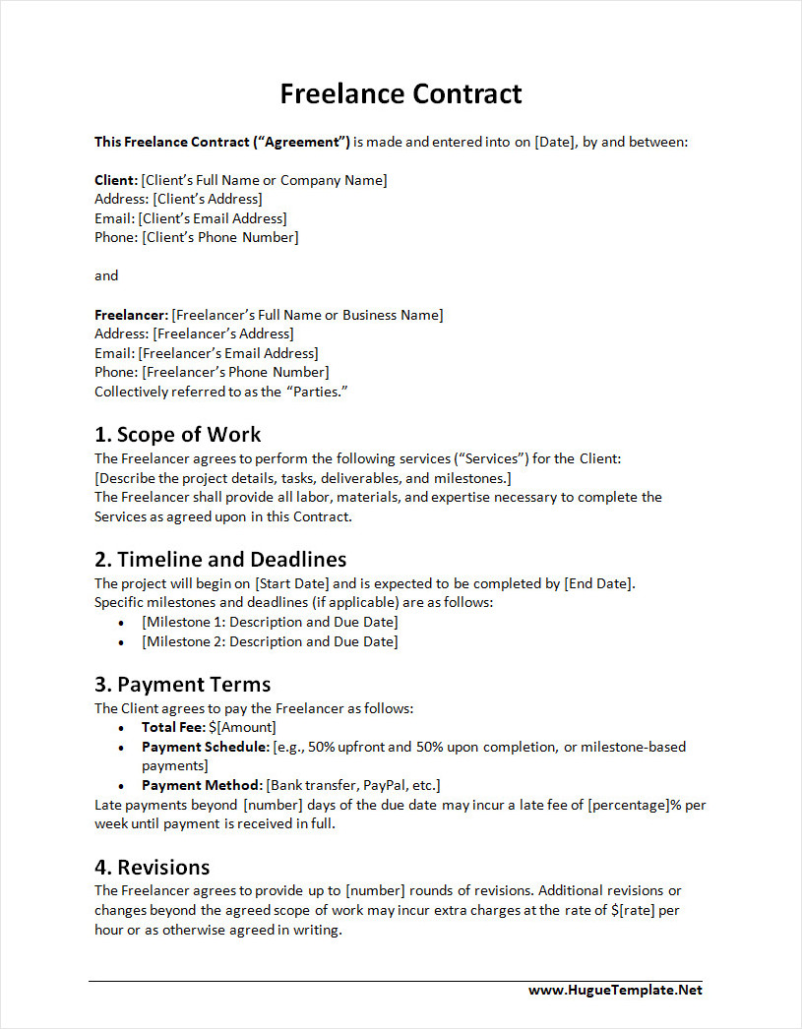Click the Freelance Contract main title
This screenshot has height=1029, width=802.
(x=401, y=93)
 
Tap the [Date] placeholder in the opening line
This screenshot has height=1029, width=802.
(x=554, y=142)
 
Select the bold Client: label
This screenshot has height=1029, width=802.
(x=116, y=180)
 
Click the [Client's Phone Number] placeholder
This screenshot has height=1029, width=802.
(x=219, y=237)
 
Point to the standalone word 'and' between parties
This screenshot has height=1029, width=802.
(x=106, y=275)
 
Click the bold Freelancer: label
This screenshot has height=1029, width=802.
(x=131, y=315)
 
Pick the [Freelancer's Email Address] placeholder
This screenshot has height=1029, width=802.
(x=228, y=353)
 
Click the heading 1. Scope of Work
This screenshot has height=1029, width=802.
(x=177, y=434)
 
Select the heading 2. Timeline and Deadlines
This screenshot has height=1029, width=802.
(x=220, y=560)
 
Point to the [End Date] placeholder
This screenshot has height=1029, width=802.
(x=598, y=583)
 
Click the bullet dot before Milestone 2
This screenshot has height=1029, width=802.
(x=121, y=642)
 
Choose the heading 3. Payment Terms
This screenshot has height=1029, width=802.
(x=182, y=685)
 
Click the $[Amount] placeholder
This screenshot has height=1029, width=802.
(x=242, y=727)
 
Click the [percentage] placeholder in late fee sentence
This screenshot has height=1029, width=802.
(x=628, y=805)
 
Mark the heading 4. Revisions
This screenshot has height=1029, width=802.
(x=152, y=868)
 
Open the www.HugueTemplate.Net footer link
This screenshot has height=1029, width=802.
(x=615, y=991)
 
